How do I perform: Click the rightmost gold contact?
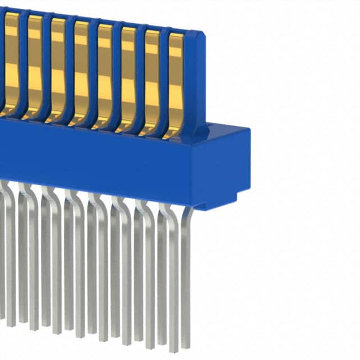(x=175, y=84)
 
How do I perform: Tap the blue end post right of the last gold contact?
(x=195, y=84)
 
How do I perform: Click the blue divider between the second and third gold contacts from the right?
(x=141, y=79)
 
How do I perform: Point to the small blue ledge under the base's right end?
(x=205, y=206)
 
